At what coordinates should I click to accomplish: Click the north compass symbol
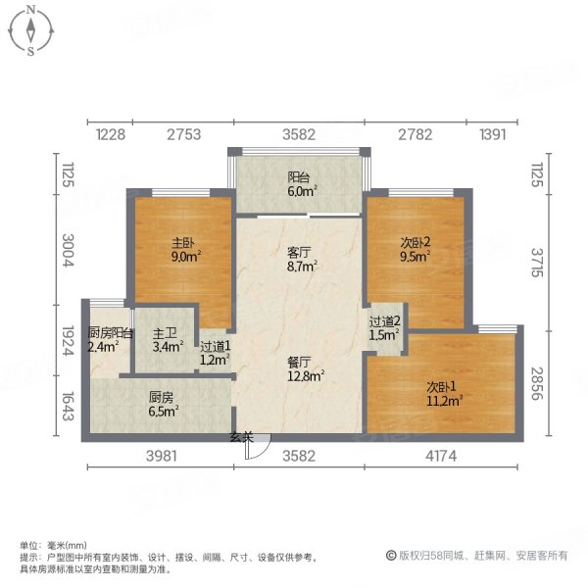[x=31, y=30]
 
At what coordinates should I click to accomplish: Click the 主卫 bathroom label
[x=164, y=338]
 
